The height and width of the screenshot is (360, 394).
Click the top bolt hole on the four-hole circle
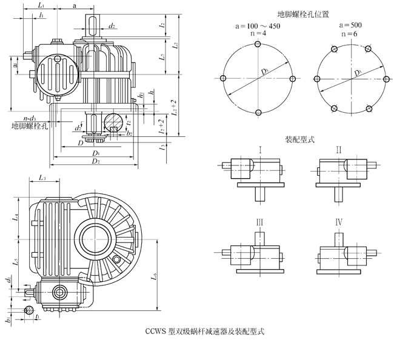(x=259, y=47)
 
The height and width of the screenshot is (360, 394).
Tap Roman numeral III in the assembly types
(x=259, y=222)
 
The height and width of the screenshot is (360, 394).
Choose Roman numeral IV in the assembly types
(x=339, y=222)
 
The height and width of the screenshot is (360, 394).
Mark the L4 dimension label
(x=17, y=216)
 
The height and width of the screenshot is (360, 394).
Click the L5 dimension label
(x=17, y=262)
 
